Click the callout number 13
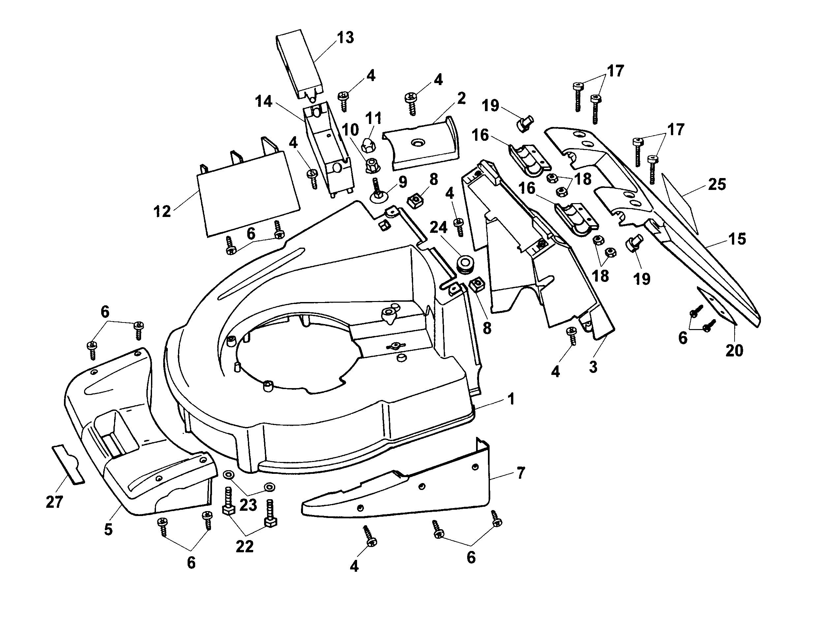pyautogui.click(x=345, y=37)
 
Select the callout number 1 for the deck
pyautogui.click(x=511, y=399)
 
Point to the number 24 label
pyautogui.click(x=438, y=227)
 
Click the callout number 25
pyautogui.click(x=717, y=184)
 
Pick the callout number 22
pyautogui.click(x=245, y=547)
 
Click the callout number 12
pyautogui.click(x=162, y=212)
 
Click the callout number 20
pyautogui.click(x=734, y=350)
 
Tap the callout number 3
pyautogui.click(x=593, y=367)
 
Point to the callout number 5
pyautogui.click(x=108, y=530)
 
